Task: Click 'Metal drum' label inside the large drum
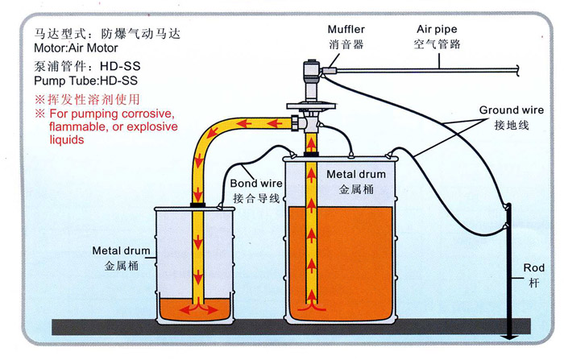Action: click(x=356, y=174)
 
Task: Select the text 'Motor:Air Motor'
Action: click(x=73, y=48)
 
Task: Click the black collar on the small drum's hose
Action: click(x=197, y=205)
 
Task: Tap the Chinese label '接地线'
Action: click(x=509, y=125)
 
